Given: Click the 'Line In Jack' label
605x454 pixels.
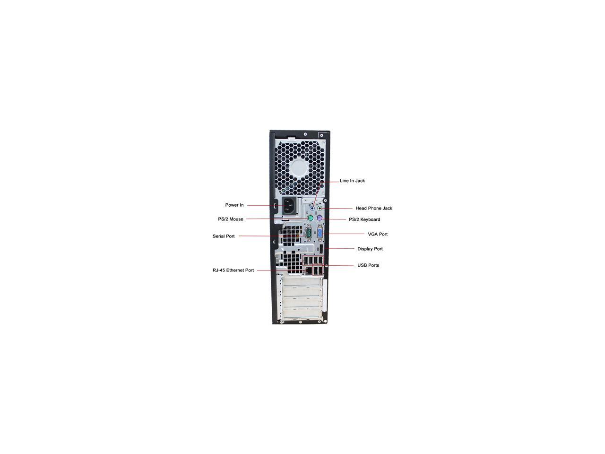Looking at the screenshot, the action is (x=352, y=181).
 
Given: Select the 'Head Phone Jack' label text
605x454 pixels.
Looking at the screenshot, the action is (x=373, y=208).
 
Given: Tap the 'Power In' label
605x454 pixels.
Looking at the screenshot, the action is (x=234, y=205).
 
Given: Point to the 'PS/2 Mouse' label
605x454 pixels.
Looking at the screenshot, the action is (x=231, y=219).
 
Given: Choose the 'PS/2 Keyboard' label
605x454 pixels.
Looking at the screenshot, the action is (x=364, y=219).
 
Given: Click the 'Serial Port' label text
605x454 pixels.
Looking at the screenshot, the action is (x=224, y=236).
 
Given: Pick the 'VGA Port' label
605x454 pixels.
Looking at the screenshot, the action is (x=378, y=234).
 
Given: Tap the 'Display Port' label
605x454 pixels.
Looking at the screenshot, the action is (x=370, y=249).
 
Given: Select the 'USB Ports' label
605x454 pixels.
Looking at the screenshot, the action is (x=368, y=265).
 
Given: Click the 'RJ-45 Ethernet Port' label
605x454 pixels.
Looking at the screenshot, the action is (x=233, y=271).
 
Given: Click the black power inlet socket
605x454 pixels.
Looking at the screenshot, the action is (x=290, y=207).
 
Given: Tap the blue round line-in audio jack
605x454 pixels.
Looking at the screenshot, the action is (x=312, y=209).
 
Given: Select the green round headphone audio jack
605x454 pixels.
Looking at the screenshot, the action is (x=320, y=209).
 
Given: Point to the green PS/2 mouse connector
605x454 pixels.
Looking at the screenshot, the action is (x=310, y=219).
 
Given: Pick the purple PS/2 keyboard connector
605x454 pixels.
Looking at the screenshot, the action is (x=320, y=218).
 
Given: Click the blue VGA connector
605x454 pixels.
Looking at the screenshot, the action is (x=320, y=234).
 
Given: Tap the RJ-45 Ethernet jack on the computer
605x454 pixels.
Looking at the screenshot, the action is (x=308, y=271).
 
